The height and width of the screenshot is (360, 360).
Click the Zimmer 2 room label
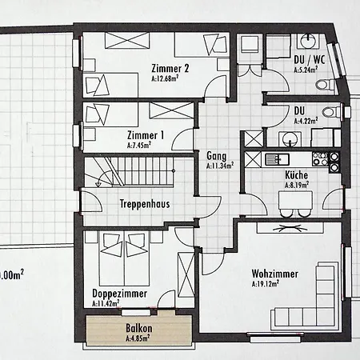170,68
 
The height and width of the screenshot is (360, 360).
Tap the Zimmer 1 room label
146,135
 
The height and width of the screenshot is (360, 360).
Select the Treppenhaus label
145,204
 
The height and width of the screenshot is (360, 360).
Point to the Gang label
217,156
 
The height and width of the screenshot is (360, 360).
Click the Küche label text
296,175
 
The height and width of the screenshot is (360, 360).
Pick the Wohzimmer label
275,274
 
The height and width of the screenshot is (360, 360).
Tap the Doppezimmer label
119,294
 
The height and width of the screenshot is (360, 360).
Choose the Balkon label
139,328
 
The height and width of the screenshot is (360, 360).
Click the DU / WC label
310,60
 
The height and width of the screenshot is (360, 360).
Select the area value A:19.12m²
266,283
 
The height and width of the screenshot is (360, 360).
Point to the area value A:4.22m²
306,121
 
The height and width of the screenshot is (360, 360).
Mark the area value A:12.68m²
165,78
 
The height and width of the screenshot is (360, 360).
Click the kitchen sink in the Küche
277,159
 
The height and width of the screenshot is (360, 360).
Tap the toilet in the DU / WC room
325,85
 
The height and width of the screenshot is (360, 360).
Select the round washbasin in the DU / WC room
309,41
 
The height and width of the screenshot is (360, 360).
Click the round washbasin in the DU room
290,138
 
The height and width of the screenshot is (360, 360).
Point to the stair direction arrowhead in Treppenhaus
98,184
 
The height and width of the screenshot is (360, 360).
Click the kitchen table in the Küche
295,200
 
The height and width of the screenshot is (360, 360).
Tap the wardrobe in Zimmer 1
171,110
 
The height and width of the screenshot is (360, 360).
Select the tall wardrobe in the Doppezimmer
186,274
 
